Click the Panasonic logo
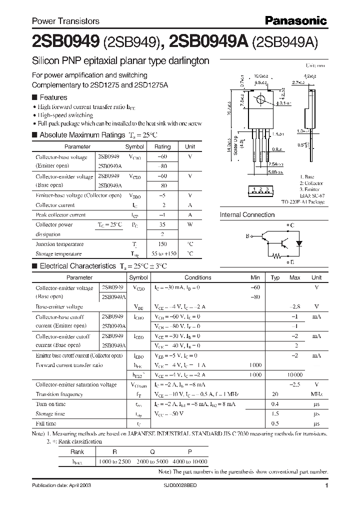pos(295,20)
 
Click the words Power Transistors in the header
pos(65,21)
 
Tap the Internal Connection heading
pos(247,215)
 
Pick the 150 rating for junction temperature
pos(162,244)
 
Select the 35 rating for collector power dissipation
pos(162,225)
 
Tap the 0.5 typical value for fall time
pos(275,424)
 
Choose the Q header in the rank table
pos(152,451)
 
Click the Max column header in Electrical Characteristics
pos(295,277)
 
